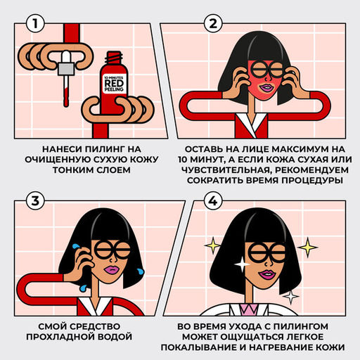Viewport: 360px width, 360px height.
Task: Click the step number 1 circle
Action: [x=35, y=23]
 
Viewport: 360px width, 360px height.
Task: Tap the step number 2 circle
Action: [x=213, y=23]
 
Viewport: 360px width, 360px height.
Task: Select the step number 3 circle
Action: [x=35, y=201]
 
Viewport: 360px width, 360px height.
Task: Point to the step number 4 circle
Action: [x=213, y=201]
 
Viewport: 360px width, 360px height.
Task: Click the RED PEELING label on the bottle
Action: [x=114, y=84]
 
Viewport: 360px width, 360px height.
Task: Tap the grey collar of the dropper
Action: [x=66, y=68]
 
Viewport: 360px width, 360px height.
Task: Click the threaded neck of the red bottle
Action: [x=114, y=58]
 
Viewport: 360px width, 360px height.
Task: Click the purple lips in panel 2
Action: [x=266, y=88]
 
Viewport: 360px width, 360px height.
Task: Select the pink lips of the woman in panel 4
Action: [x=266, y=274]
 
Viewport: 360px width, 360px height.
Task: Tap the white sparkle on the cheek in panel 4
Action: [x=242, y=264]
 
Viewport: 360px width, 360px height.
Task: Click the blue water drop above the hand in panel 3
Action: [x=76, y=247]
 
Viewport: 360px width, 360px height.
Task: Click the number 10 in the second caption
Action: [x=183, y=160]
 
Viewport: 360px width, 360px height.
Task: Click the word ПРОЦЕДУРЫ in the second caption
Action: [x=312, y=181]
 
